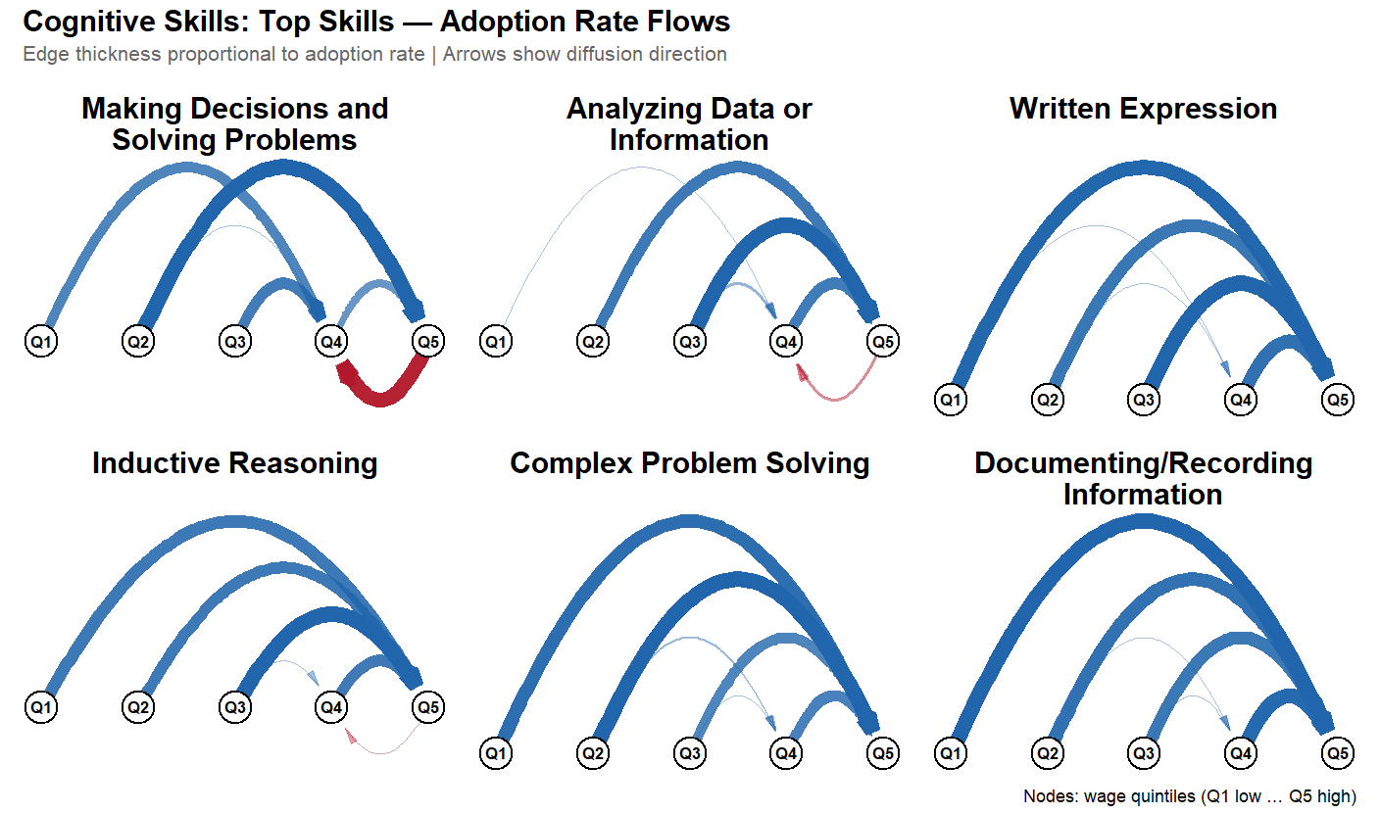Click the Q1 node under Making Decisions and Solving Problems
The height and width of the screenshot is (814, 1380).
pos(40,342)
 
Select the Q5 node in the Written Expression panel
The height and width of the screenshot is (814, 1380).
pos(1337,400)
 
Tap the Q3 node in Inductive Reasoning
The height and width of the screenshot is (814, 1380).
pos(234,706)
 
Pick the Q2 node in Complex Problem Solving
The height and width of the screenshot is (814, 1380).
pos(592,753)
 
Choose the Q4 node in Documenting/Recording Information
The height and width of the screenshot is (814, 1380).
pos(1241,753)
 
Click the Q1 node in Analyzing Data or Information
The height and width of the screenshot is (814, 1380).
pos(495,342)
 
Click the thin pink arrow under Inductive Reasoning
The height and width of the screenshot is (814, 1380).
pos(382,749)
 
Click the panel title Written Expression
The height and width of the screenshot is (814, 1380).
pos(1143,109)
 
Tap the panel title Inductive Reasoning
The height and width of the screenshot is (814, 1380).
pos(234,463)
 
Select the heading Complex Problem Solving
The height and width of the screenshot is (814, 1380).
pos(689,463)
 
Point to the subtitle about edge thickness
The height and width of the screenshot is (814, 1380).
pos(374,55)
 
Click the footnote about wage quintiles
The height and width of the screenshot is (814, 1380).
pos(1189,795)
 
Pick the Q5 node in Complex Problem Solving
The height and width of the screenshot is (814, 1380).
pos(882,753)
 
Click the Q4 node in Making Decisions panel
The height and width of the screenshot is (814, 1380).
pos(330,342)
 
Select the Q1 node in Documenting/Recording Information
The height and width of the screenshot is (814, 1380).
pos(949,753)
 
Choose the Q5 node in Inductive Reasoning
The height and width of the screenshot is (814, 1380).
pos(427,706)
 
